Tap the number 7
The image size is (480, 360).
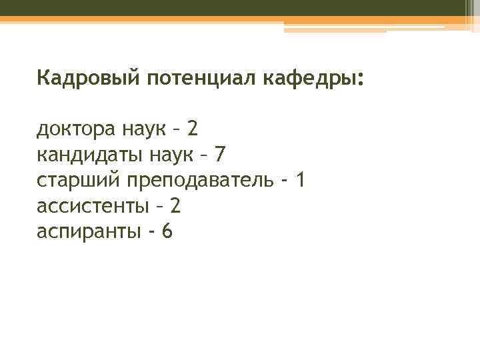click(221, 155)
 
